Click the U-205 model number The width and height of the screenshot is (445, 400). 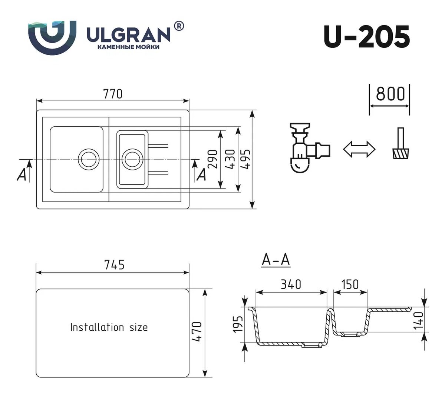point(366,37)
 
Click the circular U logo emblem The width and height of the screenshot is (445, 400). point(52,38)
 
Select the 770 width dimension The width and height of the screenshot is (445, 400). point(113,94)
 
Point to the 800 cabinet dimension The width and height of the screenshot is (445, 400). point(390,94)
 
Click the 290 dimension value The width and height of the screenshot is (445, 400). point(212,159)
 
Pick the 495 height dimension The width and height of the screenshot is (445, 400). point(246,159)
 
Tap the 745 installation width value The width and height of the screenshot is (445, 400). point(115,265)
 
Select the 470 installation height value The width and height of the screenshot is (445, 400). point(197,331)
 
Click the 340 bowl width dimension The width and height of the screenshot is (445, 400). point(291,284)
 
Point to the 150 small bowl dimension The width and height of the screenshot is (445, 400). point(350,284)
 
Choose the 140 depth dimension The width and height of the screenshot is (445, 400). point(419,321)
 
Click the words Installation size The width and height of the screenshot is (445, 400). point(109,327)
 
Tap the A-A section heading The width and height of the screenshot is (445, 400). point(276,260)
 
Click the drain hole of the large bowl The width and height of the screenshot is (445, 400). point(89,159)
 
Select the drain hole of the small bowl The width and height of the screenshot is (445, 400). point(132,159)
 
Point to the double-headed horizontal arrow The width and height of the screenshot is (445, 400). point(359,149)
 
